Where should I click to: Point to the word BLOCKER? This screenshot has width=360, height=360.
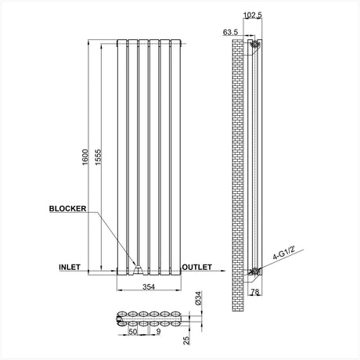tap(67, 209)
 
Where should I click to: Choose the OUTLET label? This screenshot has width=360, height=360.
tap(197, 267)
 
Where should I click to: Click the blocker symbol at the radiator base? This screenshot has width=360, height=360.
tap(137, 270)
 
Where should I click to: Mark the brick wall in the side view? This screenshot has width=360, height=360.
tap(239, 157)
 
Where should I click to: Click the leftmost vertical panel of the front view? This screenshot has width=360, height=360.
tap(121, 157)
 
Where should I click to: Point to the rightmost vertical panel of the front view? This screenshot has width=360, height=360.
tap(173, 157)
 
